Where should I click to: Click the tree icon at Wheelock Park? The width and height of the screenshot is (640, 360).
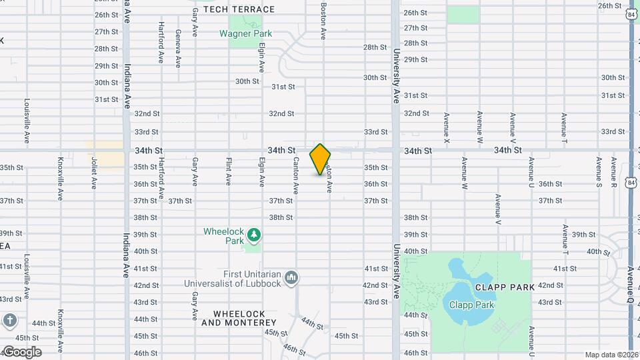(253, 235)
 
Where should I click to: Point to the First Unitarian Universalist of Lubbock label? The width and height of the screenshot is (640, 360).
(233, 278)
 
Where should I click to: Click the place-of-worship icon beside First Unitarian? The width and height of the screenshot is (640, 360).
(291, 277)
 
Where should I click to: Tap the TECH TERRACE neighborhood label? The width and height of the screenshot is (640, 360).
(239, 9)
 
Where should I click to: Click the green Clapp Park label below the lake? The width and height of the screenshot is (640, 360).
(471, 305)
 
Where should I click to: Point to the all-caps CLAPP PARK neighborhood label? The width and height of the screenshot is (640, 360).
(505, 287)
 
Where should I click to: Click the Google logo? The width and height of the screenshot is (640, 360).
(21, 352)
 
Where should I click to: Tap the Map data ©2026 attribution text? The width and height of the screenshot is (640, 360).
(611, 355)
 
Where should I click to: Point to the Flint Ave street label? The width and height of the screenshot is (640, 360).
(228, 171)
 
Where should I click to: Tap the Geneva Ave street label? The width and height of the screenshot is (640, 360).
(178, 48)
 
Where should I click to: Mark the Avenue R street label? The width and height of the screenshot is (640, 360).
(614, 172)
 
